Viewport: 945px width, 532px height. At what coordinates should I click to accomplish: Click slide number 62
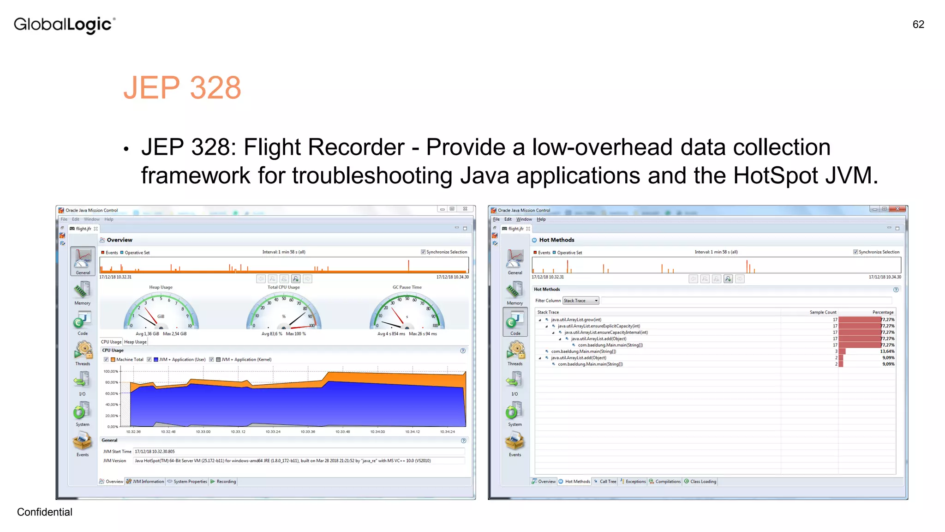point(918,24)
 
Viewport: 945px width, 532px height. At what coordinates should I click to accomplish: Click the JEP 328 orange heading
point(182,88)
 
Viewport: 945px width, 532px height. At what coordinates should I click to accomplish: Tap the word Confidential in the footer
point(45,512)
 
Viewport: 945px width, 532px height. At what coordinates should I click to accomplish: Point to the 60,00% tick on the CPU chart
point(111,393)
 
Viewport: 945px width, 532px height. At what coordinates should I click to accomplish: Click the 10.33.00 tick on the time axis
point(203,432)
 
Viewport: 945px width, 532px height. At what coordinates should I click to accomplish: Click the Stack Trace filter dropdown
point(580,301)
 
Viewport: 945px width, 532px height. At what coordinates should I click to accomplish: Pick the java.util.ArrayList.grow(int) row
point(576,320)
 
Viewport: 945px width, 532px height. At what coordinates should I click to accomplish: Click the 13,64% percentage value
point(887,351)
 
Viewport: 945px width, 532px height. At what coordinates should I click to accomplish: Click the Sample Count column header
point(823,312)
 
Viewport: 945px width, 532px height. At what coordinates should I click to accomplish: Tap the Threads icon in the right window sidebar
point(515,353)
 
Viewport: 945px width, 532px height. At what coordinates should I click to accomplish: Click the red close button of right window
point(897,209)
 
